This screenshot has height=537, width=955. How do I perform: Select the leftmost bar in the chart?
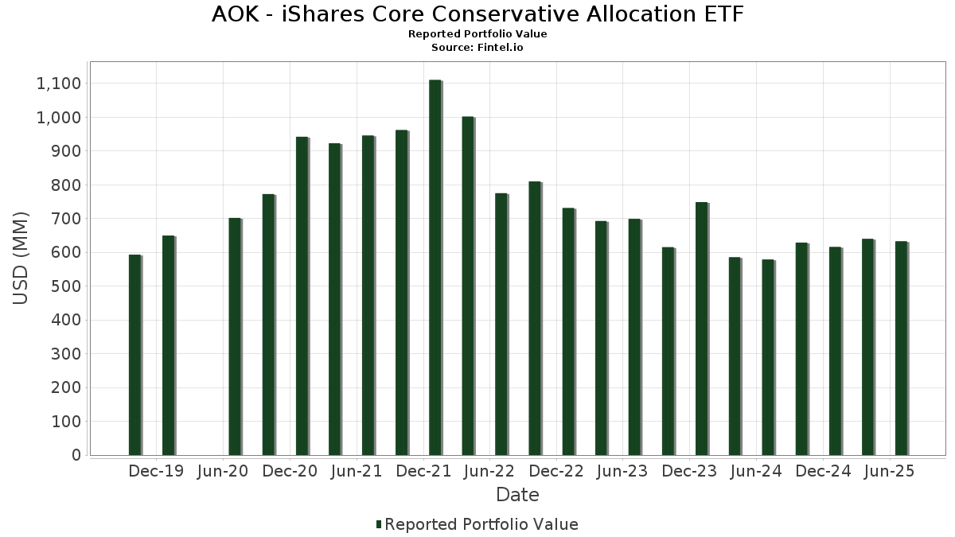[x=134, y=355]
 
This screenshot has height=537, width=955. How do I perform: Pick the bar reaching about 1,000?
[x=468, y=286]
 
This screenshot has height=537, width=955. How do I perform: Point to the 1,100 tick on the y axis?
[x=58, y=84]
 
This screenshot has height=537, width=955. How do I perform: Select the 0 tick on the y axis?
[x=76, y=455]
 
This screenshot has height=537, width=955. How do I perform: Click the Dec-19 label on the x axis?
[x=156, y=471]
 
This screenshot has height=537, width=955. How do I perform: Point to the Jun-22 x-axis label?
[x=489, y=471]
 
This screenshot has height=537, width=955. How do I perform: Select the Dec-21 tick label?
[x=423, y=471]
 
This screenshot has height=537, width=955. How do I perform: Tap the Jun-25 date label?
[x=889, y=471]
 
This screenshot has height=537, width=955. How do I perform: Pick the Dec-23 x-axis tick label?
[x=689, y=471]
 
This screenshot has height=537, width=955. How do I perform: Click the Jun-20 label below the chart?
[x=222, y=471]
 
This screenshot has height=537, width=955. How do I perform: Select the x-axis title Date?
[x=517, y=495]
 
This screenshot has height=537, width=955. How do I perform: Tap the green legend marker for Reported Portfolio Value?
[x=379, y=524]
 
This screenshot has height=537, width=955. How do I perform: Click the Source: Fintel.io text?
[x=477, y=47]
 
